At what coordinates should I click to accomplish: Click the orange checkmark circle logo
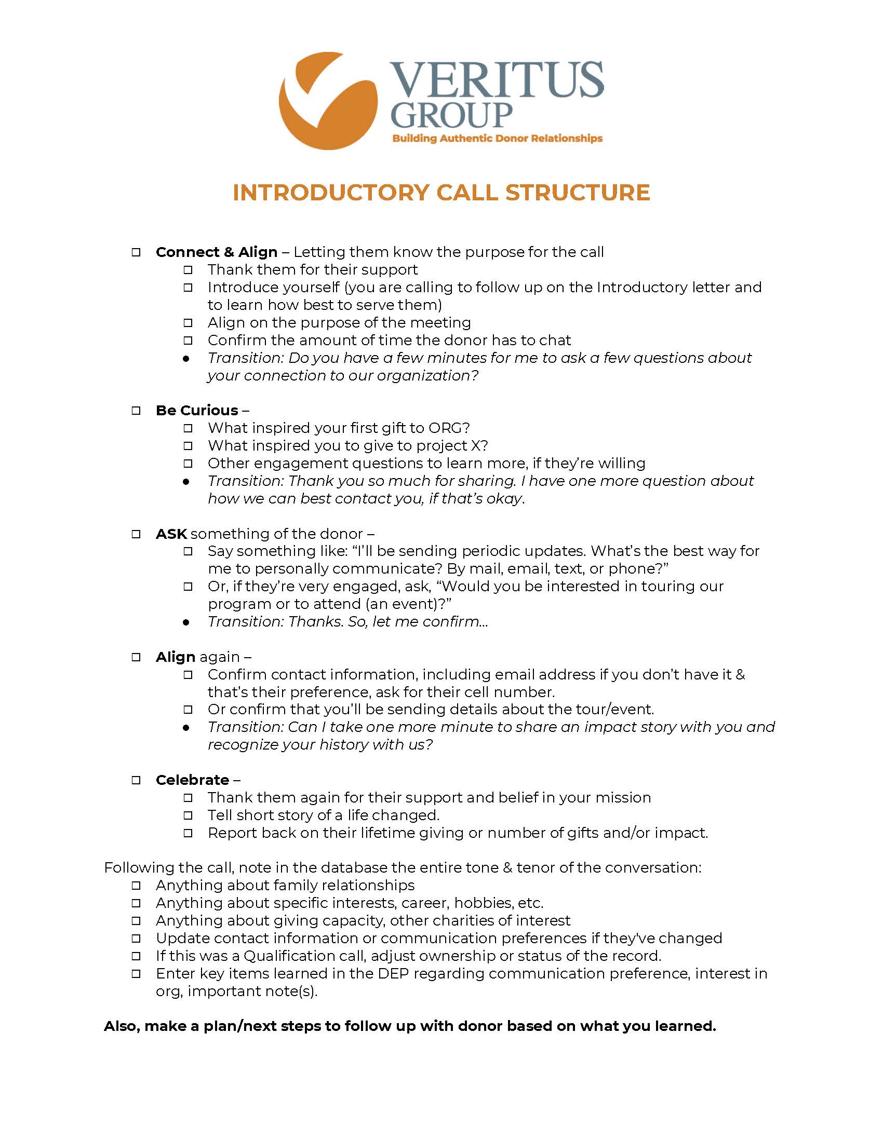pos(328,100)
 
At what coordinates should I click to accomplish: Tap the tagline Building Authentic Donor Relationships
pos(497,139)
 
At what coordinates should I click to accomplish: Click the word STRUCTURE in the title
pos(578,193)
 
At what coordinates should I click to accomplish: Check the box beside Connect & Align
pos(136,253)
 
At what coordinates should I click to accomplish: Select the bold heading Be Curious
pos(197,411)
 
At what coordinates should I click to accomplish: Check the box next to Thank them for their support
pos(188,270)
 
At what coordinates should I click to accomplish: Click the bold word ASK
pos(171,534)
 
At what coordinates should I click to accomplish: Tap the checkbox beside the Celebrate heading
pos(136,780)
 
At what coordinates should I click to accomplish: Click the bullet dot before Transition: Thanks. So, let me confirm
pos(186,622)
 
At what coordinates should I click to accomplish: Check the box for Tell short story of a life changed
pos(188,815)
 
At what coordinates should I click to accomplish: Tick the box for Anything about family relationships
pos(136,886)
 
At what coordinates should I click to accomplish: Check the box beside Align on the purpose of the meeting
pos(188,323)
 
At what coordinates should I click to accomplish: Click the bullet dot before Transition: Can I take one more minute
pos(186,728)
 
